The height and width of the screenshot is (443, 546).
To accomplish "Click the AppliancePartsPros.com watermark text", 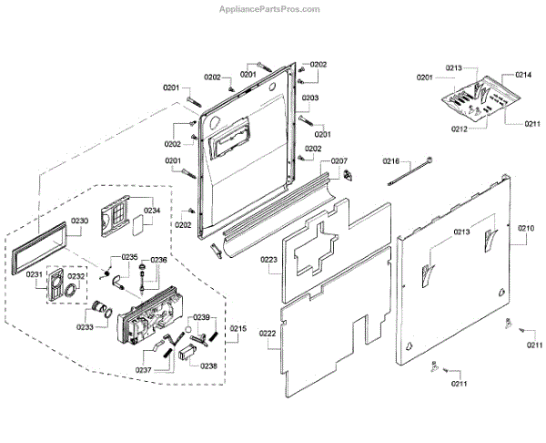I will tap(270, 9).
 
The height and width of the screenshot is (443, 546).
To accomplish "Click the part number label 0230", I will tap(79, 221).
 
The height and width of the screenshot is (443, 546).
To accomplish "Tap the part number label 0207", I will tap(339, 161).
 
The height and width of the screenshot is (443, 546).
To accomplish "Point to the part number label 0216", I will tap(390, 161).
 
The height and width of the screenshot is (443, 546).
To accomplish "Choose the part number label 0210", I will tap(527, 229).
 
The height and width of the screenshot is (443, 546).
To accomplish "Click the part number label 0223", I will tap(268, 261).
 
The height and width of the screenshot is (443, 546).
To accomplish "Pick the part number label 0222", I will tap(268, 335).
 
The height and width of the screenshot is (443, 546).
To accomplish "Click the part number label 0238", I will tap(209, 366).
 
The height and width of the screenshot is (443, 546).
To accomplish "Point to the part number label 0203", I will tap(310, 98).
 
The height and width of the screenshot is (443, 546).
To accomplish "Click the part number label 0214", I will tap(523, 75).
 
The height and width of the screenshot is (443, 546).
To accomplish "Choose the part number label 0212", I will tap(461, 129).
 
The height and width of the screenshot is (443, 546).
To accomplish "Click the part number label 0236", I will tap(158, 260).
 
